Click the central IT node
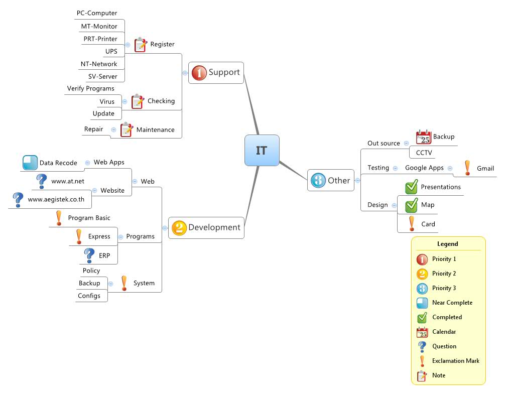pos(262,150)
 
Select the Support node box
pos(216,72)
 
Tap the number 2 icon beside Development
pos(179,228)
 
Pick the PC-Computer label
pos(97,13)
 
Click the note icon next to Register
pos(141,45)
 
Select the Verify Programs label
pos(91,88)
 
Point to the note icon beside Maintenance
pos(127,130)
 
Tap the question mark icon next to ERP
pos(89,255)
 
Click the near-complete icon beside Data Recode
pos(30,163)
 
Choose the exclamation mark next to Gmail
pos(467,168)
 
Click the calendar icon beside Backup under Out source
pos(424,137)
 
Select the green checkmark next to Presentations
pos(411,187)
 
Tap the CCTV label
pos(424,153)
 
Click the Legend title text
pos(448,244)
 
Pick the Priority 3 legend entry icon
pos(422,289)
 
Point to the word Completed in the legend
pos(447,317)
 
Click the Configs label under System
pos(89,296)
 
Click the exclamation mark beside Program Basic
pos(59,218)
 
